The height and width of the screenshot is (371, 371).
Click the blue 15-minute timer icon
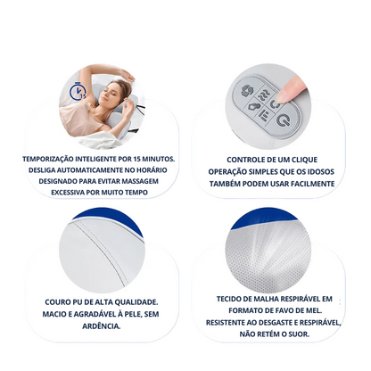coord(78,92)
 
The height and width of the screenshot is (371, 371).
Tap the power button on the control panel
coord(283,120)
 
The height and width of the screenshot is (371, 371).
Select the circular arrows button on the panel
coord(247,90)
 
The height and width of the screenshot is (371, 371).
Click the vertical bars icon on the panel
coord(263,114)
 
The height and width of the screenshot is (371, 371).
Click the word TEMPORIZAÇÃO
coord(48,159)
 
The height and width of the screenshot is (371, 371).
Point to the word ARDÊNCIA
coord(102,326)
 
